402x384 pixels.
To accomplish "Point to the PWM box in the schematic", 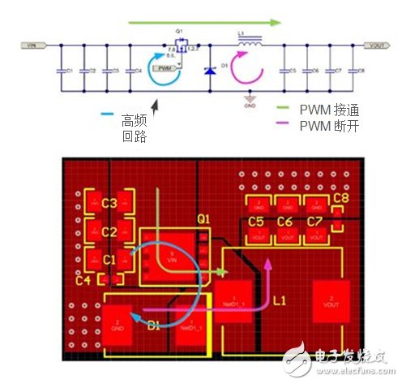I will coord(165,69).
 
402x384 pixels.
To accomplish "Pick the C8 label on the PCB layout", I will coord(340,198).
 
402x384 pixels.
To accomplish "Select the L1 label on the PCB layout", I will coord(280,300).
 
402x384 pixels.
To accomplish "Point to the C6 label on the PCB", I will coord(284,221).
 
